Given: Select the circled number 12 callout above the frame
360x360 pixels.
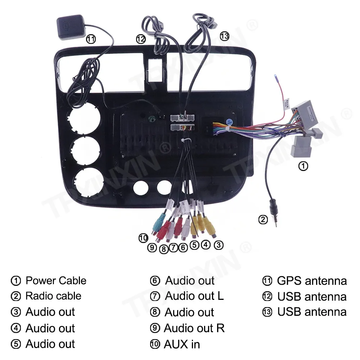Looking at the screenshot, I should [140, 39].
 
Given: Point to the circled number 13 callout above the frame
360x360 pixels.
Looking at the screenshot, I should [224, 36].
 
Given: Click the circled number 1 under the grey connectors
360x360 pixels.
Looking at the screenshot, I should [304, 166].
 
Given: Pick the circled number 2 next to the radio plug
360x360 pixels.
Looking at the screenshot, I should [264, 219].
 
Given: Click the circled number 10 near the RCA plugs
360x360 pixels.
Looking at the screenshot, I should [143, 238].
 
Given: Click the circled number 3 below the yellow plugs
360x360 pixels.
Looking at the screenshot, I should [219, 246].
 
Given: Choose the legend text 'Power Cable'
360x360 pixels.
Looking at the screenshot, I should [56, 280].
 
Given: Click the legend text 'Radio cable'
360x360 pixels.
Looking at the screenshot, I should [53, 296].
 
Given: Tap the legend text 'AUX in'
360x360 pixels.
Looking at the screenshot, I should [181, 344].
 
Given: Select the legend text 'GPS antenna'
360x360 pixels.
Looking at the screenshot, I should [312, 281].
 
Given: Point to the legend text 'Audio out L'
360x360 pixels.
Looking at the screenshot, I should [194, 296].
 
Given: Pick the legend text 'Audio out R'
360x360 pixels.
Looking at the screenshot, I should [194, 328].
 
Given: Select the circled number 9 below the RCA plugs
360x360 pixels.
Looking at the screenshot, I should [152, 248].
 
